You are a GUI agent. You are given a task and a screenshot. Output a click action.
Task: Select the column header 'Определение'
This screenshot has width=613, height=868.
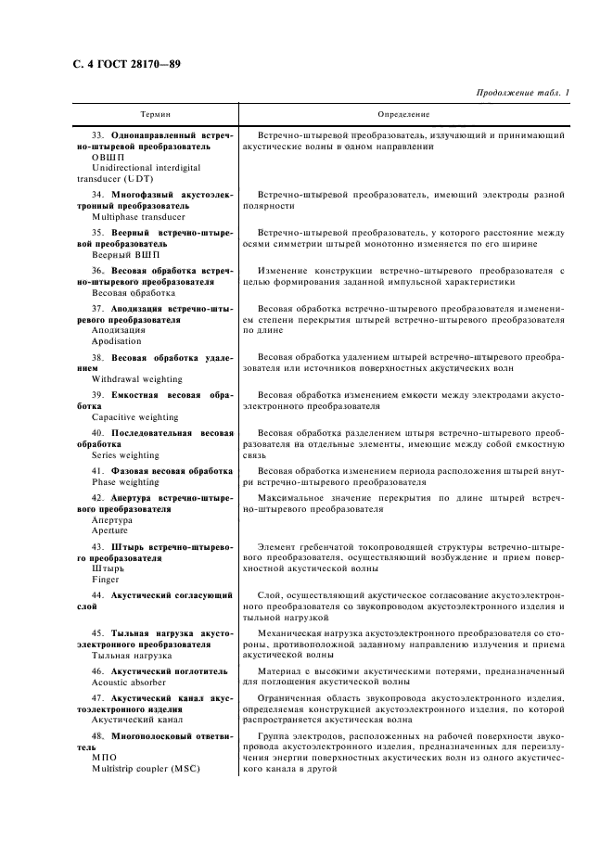(x=403, y=114)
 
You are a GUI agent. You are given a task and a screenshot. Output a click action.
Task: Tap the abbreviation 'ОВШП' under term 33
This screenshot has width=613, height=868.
(x=109, y=157)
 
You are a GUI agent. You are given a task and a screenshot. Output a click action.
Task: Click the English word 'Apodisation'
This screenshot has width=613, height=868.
(x=118, y=340)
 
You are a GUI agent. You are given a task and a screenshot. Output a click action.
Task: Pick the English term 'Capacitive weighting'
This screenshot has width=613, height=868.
(x=135, y=417)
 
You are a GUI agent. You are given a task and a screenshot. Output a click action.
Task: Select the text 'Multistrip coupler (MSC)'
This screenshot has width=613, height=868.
(x=146, y=768)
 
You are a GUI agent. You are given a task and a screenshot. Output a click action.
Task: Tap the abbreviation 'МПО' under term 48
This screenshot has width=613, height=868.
(x=105, y=757)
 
